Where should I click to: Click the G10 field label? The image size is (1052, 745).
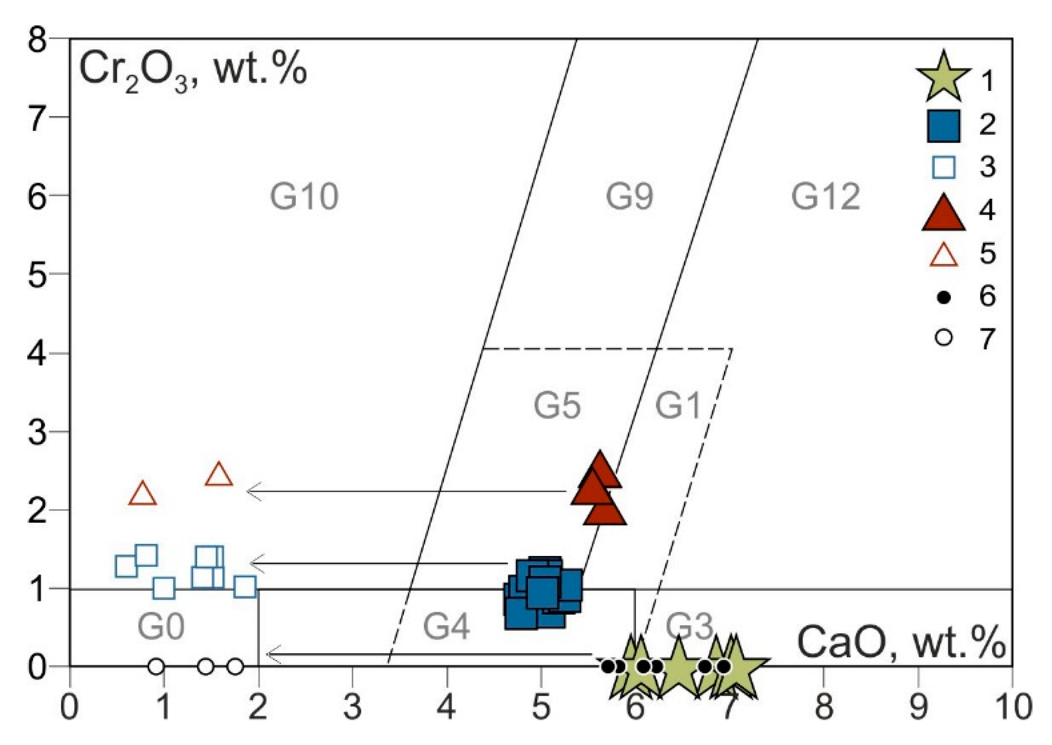coord(304,196)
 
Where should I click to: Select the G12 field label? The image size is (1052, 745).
coord(825,196)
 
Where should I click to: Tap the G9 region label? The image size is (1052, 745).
coord(629,196)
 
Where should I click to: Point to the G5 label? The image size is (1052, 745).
coord(557,405)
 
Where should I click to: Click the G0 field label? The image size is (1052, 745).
coord(161,626)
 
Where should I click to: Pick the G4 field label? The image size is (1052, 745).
coord(446,626)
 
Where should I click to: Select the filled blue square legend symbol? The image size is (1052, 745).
coord(943,126)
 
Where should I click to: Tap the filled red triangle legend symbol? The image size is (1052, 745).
coord(943,213)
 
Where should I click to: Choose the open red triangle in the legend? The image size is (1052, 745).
coord(943,256)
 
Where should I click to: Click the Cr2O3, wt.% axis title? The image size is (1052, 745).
coord(193,71)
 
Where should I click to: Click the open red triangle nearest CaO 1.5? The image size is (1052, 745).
coord(219,474)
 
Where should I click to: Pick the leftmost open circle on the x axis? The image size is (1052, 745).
coord(156,666)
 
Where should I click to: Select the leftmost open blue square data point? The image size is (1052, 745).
coord(126,566)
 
